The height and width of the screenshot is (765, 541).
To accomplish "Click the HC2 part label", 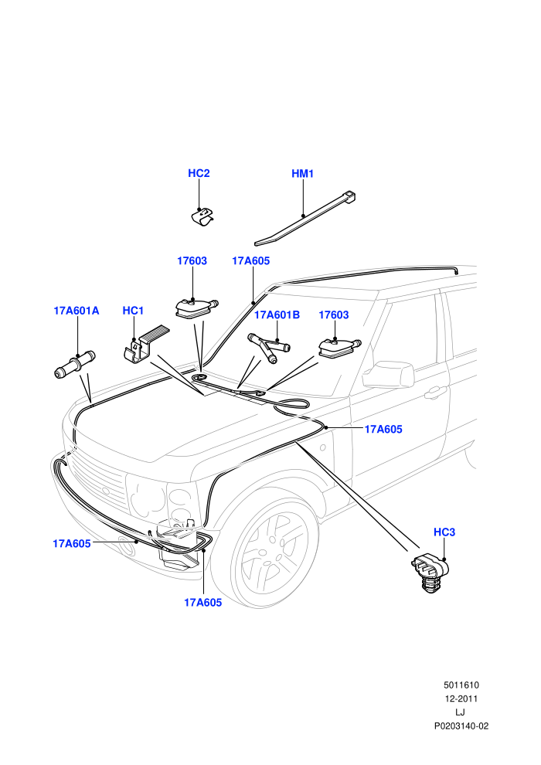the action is click(x=199, y=174).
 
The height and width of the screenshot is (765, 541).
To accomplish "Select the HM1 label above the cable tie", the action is click(x=302, y=174).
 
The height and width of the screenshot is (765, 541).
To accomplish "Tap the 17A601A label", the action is click(x=76, y=311).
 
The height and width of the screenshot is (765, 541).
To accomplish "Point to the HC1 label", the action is click(x=133, y=311).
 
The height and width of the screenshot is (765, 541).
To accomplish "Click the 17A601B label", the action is click(x=277, y=315).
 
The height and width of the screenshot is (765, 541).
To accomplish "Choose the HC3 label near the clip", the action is click(x=444, y=532).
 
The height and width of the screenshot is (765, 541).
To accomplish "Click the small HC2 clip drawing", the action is click(x=202, y=217).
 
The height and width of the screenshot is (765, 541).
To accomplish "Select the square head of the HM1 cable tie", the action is click(x=350, y=197).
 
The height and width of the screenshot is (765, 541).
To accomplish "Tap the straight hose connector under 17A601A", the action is click(x=75, y=364).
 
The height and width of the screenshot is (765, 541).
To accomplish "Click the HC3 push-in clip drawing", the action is click(x=430, y=573).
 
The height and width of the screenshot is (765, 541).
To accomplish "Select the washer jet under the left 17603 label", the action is click(x=196, y=309).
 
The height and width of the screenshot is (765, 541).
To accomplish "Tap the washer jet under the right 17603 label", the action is click(x=339, y=348).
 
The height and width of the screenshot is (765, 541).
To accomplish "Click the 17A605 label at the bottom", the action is click(x=203, y=603).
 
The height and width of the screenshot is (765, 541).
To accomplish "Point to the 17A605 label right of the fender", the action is click(x=383, y=430).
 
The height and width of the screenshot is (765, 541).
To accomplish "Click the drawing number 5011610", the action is click(x=461, y=685).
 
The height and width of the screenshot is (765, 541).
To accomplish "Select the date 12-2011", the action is click(x=461, y=699).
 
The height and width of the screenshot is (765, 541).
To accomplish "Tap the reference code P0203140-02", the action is click(x=461, y=726).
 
